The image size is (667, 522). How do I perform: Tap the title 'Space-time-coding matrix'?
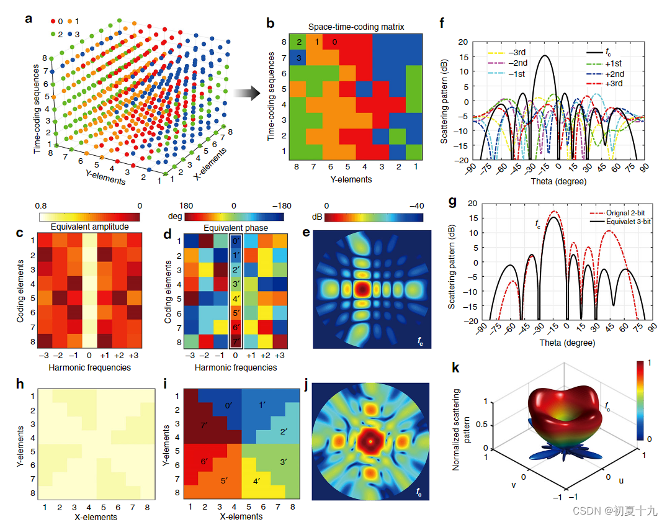point(347,27)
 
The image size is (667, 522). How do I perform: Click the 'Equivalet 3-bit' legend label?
point(623,222)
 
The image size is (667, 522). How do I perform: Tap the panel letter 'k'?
point(456,369)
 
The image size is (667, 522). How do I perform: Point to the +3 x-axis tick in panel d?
point(279,355)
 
